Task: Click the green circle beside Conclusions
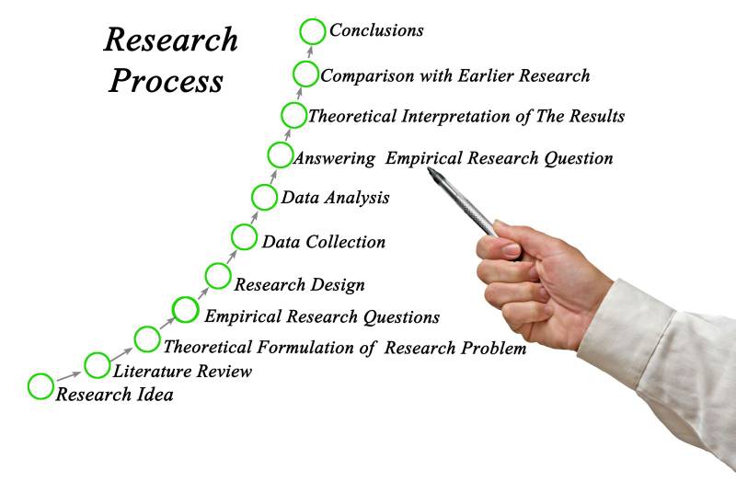(x=313, y=30)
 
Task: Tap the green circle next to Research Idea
(x=40, y=386)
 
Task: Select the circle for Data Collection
(x=244, y=237)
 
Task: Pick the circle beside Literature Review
(x=97, y=365)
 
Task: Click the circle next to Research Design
(x=218, y=275)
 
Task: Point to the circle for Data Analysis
(x=264, y=197)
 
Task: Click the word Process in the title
(x=166, y=81)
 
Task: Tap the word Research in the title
(x=170, y=40)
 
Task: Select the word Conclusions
(x=376, y=30)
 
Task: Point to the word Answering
(x=334, y=158)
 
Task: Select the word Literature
(x=151, y=372)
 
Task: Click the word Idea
(x=155, y=396)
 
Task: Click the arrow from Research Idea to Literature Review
(x=68, y=375)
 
